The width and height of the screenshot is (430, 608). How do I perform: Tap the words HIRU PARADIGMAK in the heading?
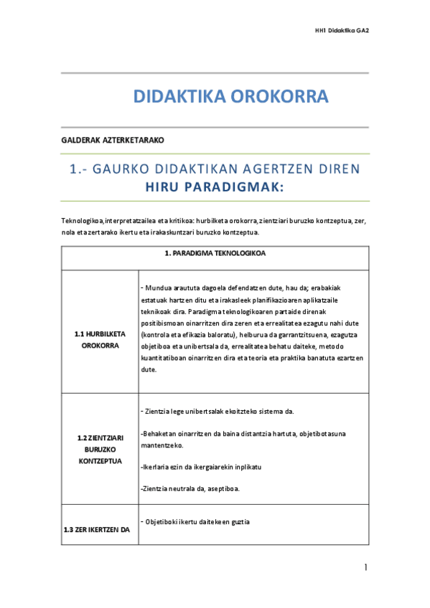(215, 188)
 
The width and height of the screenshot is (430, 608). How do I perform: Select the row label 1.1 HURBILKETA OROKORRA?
(100, 339)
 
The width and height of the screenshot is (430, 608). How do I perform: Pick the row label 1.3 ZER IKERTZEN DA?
(100, 529)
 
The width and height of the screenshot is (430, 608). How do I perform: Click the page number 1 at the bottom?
(365, 568)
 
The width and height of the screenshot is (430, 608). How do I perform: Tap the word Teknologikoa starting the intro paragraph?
(83, 221)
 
